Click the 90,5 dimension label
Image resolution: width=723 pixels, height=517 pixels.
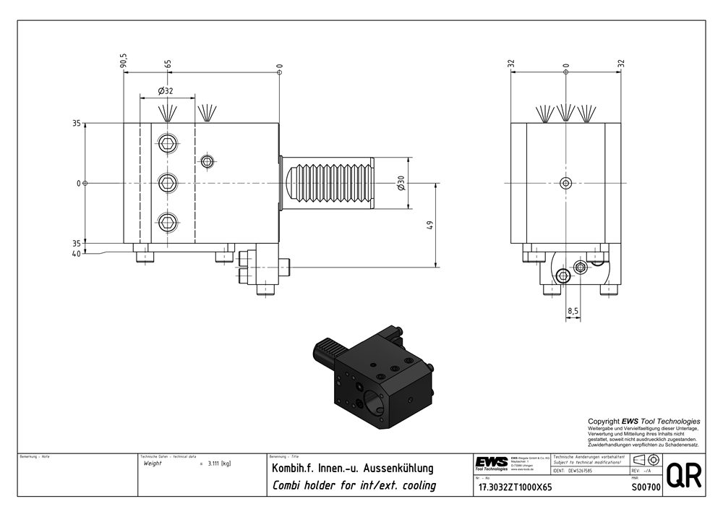pos(124,61)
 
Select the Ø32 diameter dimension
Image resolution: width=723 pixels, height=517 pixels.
pos(166,91)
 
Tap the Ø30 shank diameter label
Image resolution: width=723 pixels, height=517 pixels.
pos(401,183)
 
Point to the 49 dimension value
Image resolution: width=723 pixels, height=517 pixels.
pos(429,225)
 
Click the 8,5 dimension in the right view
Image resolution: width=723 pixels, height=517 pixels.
pos(573,311)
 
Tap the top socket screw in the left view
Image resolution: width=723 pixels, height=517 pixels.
pos(168,143)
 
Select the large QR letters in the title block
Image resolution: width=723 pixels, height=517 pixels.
pos(683,475)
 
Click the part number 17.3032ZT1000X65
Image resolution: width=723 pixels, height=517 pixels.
pos(515,487)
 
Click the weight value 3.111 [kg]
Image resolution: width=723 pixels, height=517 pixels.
pos(218,463)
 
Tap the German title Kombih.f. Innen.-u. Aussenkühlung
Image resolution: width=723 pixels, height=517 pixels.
pos(352,469)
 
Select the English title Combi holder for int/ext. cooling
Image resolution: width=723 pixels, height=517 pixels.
pos(354,485)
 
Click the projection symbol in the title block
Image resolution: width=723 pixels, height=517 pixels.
pos(646,461)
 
